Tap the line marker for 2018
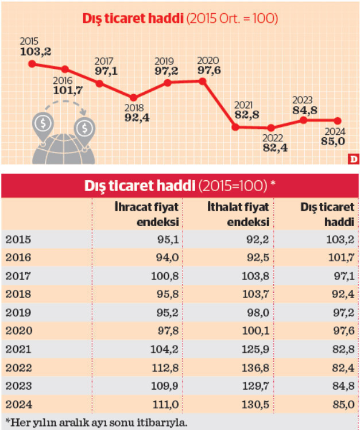(133, 98)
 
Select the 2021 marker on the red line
(235, 127)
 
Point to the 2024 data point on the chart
(338, 121)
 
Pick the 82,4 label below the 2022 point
(275, 148)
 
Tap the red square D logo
(354, 159)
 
